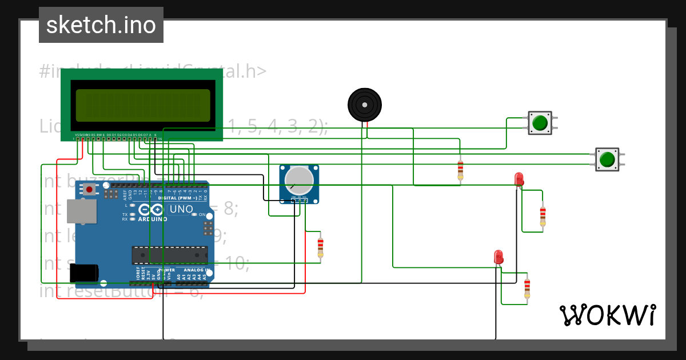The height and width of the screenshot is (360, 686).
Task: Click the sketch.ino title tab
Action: coord(101,25)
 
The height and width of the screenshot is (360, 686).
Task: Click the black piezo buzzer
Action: coord(364,105)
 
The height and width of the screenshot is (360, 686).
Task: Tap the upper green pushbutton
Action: coord(540,123)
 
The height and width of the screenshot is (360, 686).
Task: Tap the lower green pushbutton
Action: coord(607,159)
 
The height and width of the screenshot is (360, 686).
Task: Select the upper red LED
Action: coord(519,179)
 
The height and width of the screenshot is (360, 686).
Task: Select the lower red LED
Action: coord(498,257)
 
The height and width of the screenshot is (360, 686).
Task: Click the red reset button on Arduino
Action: coord(89,189)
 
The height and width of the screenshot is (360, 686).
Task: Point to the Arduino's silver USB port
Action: coord(79,211)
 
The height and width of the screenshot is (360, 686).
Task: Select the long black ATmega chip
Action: coord(170,254)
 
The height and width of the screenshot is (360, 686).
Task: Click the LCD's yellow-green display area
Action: coord(142,105)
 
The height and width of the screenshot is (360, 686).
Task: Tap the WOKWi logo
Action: coord(608,315)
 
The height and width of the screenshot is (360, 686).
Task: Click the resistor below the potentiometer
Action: coord(320,247)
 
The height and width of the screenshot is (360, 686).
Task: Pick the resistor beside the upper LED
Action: coord(543,216)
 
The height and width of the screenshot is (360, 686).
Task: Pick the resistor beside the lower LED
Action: coord(527,288)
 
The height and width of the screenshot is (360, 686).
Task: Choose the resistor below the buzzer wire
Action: coord(461,170)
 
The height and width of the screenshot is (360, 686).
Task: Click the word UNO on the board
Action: coord(182,209)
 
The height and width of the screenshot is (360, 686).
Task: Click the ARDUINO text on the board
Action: coord(152,219)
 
